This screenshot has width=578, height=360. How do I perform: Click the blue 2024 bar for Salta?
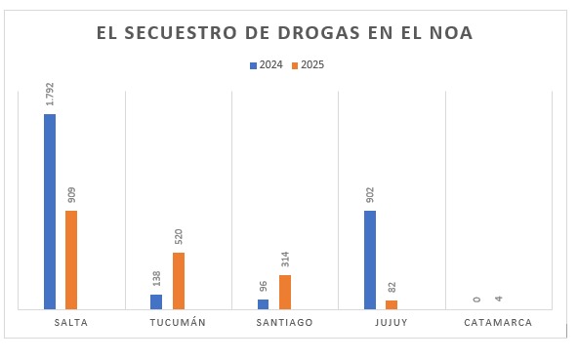[x=50, y=212]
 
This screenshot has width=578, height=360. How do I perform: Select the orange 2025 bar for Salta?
[x=71, y=260]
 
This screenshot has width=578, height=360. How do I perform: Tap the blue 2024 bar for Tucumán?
[x=156, y=301]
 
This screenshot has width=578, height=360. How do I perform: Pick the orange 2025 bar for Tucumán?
[x=179, y=281]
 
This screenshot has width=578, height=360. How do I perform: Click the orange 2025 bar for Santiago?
[x=285, y=292]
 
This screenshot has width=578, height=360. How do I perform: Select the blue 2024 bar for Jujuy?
[x=370, y=260]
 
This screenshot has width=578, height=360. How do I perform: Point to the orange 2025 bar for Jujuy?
[x=392, y=304]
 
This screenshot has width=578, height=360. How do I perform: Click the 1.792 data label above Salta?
[x=50, y=94]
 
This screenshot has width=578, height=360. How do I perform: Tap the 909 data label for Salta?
[x=71, y=195]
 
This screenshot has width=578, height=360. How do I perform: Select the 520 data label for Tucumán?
[x=179, y=237]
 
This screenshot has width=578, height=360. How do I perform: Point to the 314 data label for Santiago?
[x=285, y=260]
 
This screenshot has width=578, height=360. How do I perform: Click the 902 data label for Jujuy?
[x=370, y=195]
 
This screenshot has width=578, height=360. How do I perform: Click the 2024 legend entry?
[x=266, y=65]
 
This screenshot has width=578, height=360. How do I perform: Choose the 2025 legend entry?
[x=307, y=65]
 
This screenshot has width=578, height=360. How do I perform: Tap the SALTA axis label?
[x=71, y=322]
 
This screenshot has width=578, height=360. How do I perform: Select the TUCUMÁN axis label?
[x=178, y=322]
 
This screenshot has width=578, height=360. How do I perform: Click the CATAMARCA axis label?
[x=498, y=322]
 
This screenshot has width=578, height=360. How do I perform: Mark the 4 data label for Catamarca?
[x=498, y=299]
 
